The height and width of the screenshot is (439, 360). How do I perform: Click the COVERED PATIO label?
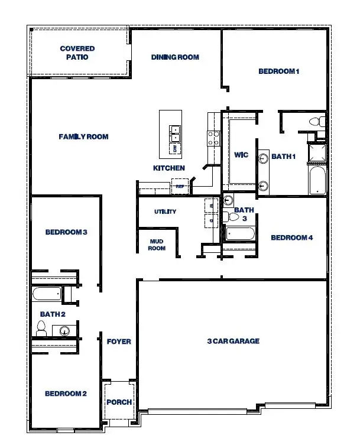coord(77,53)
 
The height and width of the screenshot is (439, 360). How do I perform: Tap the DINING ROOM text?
coord(175,57)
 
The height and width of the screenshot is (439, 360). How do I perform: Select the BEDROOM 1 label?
coord(280,71)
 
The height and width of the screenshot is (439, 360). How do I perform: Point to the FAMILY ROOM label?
coord(83,136)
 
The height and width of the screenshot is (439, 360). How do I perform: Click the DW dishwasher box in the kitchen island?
coord(175,148)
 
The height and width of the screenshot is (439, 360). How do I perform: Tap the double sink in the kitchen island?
coord(175,131)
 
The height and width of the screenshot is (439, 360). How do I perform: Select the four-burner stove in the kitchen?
coord(213,138)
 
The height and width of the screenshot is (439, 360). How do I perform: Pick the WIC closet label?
coord(241,155)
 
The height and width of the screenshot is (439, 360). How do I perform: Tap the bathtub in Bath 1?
coord(317,180)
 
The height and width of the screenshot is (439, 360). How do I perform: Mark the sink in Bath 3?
coord(229,200)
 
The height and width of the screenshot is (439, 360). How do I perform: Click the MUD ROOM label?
coord(157,245)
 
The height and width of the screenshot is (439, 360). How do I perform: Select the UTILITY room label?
coord(165,212)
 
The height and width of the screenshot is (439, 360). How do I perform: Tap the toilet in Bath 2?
coord(41,329)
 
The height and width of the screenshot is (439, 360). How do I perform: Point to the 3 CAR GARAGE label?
coord(233,341)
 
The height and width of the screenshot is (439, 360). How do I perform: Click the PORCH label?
coord(119,402)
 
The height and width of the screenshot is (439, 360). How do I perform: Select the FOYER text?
coord(119,342)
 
